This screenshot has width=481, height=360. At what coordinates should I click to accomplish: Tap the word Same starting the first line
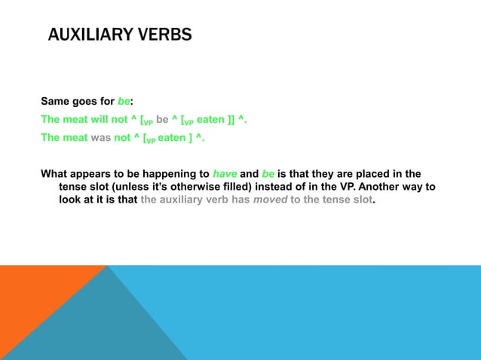click(x=55, y=102)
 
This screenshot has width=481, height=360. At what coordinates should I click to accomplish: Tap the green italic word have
click(x=225, y=173)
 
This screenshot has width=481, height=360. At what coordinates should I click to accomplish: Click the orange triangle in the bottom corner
click(x=30, y=301)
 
